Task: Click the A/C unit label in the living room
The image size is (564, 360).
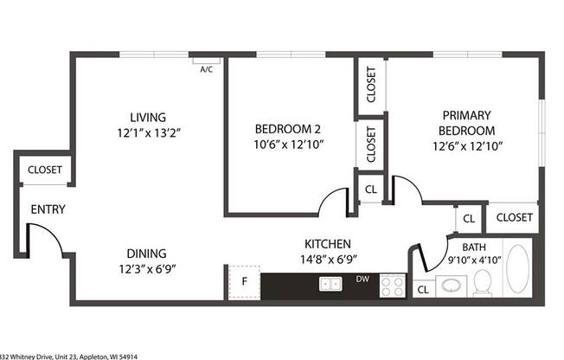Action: tap(208, 68)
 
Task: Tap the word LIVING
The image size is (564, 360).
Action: tap(147, 117)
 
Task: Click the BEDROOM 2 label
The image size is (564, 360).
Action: tap(288, 128)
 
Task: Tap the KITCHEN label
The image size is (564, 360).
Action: tap(327, 243)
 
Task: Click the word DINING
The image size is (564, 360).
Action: tap(146, 254)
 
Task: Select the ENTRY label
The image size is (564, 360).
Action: tap(48, 209)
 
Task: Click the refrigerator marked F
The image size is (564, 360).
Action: tap(244, 281)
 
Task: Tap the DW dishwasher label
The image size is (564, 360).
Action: tap(363, 280)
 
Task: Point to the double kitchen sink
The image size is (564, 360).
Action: tap(330, 283)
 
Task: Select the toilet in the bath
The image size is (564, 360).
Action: tap(483, 282)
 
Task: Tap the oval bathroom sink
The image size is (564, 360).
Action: tap(450, 285)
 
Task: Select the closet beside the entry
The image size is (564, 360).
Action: tap(44, 170)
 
